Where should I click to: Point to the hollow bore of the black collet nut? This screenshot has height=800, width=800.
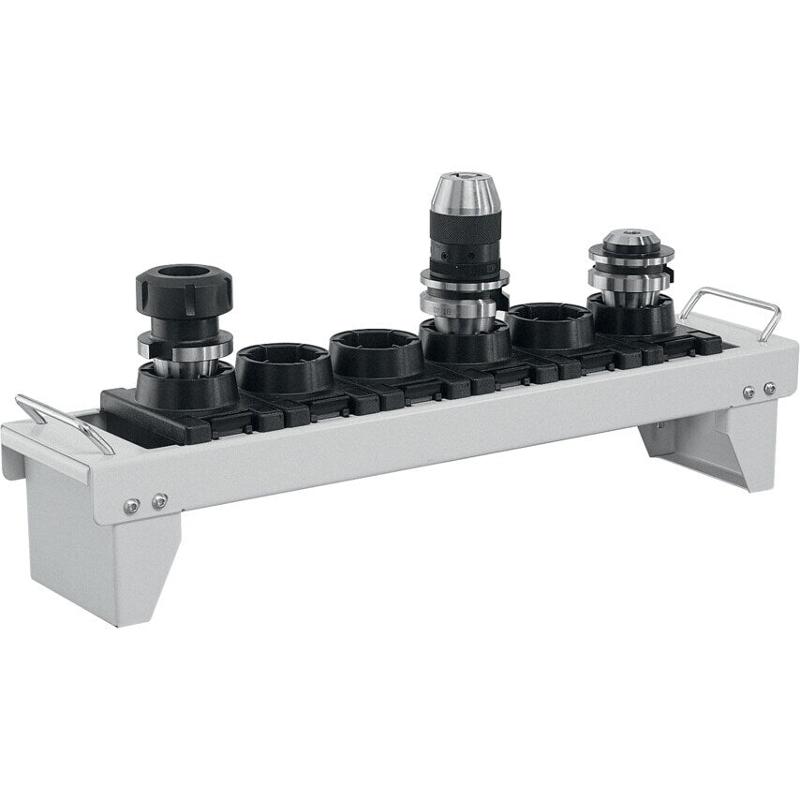pyautogui.click(x=183, y=274)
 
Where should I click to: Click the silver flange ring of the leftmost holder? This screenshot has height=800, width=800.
pyautogui.click(x=185, y=345)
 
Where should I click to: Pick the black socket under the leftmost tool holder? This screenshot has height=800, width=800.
pyautogui.click(x=185, y=386)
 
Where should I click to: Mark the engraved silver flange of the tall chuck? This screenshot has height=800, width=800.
pyautogui.click(x=463, y=305)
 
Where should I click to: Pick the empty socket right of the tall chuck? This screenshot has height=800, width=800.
pyautogui.click(x=550, y=325)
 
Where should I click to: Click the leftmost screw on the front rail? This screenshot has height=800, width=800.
pyautogui.click(x=132, y=505)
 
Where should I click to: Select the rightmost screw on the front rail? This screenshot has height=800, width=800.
pyautogui.click(x=769, y=388)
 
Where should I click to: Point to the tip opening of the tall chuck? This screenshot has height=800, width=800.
pyautogui.click(x=460, y=175)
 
